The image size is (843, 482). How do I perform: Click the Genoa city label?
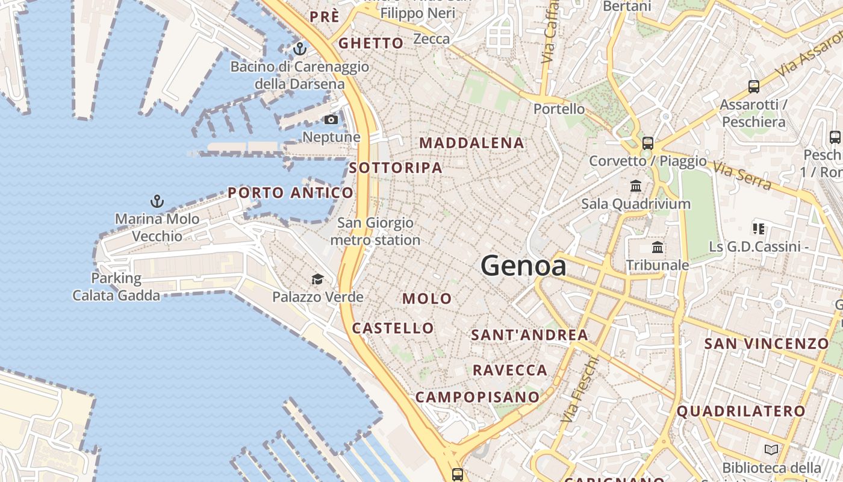pyautogui.click(x=523, y=266)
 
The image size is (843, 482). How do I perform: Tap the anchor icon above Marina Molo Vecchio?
pyautogui.click(x=157, y=201)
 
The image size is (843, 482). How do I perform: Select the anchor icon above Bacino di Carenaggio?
pyautogui.click(x=299, y=49)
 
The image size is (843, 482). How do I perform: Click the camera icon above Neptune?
pyautogui.click(x=331, y=119)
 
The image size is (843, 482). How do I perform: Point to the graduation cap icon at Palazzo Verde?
pyautogui.click(x=317, y=279)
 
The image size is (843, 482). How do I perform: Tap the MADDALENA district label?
pyautogui.click(x=471, y=143)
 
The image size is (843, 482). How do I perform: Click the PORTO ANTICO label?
pyautogui.click(x=291, y=193)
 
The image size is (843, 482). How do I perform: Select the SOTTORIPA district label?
pyautogui.click(x=396, y=168)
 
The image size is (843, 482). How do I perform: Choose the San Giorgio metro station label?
pyautogui.click(x=375, y=231)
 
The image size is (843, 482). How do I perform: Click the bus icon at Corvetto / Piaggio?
pyautogui.click(x=648, y=143)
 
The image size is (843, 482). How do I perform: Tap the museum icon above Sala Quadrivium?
pyautogui.click(x=636, y=186)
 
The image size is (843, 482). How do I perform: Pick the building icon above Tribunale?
pyautogui.click(x=658, y=247)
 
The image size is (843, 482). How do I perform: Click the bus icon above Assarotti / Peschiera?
pyautogui.click(x=754, y=87)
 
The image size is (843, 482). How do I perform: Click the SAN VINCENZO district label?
pyautogui.click(x=767, y=343)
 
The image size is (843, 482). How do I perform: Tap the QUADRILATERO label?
pyautogui.click(x=741, y=412)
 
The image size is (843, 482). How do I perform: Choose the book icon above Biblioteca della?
pyautogui.click(x=771, y=449)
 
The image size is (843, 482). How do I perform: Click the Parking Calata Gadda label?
pyautogui.click(x=116, y=287)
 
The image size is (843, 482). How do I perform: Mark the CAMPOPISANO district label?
pyautogui.click(x=477, y=397)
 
